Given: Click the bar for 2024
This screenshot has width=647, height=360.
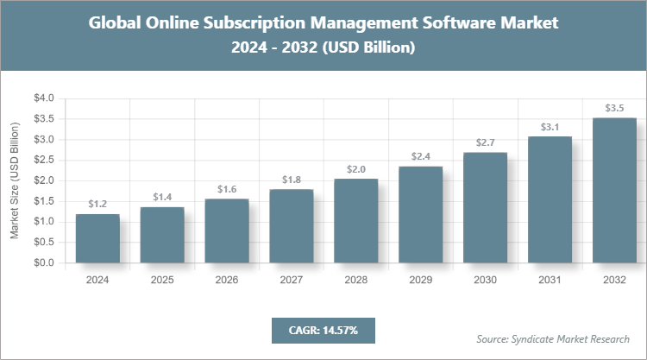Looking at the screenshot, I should click(97, 238).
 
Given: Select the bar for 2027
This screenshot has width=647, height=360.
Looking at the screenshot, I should click(292, 225).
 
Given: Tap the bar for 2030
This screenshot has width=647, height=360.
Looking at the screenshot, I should click(485, 207).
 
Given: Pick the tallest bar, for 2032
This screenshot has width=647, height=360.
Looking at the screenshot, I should click(614, 190).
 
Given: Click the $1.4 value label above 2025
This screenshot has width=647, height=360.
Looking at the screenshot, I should click(162, 197).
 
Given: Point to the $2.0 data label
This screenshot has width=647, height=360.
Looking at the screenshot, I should click(355, 169).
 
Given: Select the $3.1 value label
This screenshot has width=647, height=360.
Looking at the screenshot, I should click(550, 127).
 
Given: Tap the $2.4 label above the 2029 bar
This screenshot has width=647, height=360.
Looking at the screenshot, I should click(420, 157).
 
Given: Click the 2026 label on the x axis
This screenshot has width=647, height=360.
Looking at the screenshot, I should click(227, 281).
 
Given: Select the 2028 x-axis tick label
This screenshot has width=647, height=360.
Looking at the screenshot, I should click(355, 281).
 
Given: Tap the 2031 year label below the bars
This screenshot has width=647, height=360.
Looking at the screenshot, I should click(550, 281).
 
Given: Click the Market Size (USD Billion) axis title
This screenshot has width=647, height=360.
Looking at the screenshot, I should click(15, 180).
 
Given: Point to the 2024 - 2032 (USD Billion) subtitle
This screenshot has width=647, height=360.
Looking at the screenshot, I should click(323, 48).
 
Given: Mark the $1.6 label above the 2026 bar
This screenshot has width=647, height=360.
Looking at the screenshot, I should click(227, 189).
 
